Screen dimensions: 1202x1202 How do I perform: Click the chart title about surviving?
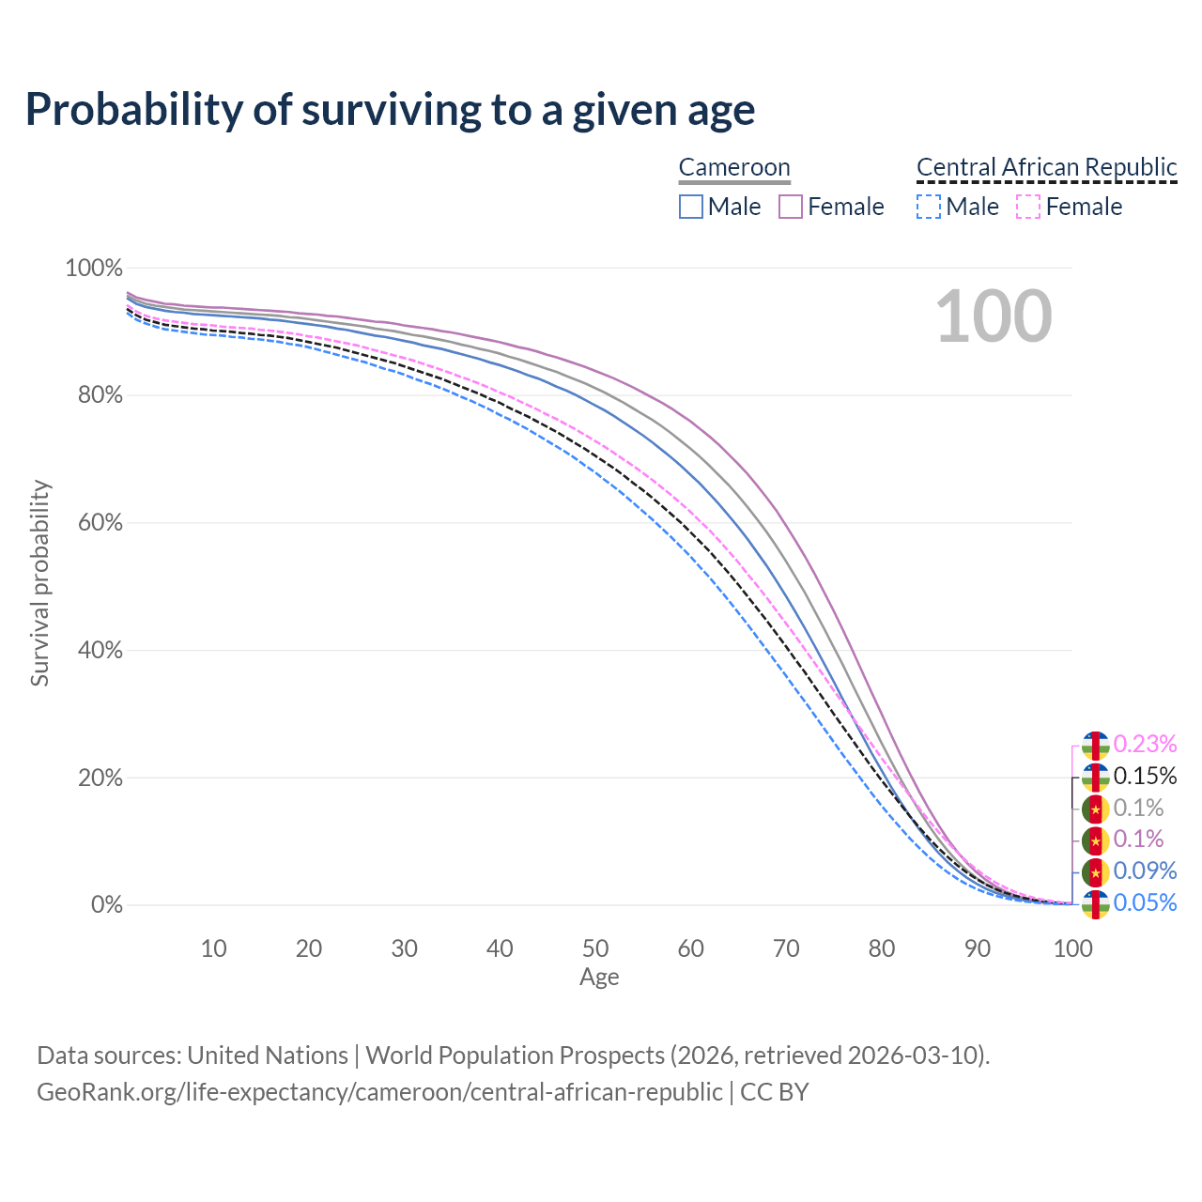point(390,110)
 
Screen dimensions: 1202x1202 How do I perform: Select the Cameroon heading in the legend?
point(734,167)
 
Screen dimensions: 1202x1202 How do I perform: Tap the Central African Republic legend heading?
point(1046,167)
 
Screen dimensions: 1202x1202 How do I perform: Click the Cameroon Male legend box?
point(691,207)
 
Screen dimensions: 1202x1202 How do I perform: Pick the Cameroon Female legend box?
point(791,207)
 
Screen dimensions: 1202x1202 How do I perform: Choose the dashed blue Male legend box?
point(929,207)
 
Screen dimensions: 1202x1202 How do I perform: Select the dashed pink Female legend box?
point(1028,207)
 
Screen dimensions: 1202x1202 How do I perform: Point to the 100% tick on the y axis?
point(94,269)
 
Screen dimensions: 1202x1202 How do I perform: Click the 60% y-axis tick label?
point(100,523)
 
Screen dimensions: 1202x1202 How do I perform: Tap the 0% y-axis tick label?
point(107,905)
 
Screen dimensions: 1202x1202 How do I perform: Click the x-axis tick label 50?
point(595,948)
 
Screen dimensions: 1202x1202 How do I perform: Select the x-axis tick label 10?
point(214,948)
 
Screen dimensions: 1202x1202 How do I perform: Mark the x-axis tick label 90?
point(978,948)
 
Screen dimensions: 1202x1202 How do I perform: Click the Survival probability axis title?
point(40,583)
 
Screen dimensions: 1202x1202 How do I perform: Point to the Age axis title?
point(599,978)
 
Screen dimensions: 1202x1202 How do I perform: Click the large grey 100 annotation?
point(994,316)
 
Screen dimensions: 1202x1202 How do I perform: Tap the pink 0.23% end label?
point(1145,744)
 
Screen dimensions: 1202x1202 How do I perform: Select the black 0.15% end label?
point(1145,776)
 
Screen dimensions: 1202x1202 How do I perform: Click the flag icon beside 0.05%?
point(1096,903)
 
